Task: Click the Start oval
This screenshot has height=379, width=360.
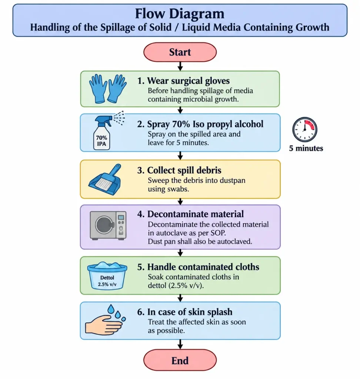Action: click(180, 52)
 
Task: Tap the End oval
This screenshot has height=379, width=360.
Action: click(180, 360)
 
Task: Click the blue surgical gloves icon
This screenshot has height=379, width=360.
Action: click(108, 89)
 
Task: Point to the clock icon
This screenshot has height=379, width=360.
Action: click(304, 129)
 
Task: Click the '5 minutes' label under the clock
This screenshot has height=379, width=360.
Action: click(306, 148)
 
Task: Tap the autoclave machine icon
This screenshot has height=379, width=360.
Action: click(108, 225)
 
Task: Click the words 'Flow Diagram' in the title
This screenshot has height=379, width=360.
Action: click(180, 14)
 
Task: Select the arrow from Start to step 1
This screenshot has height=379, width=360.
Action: click(180, 66)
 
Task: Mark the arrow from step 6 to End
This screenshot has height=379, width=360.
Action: click(180, 344)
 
